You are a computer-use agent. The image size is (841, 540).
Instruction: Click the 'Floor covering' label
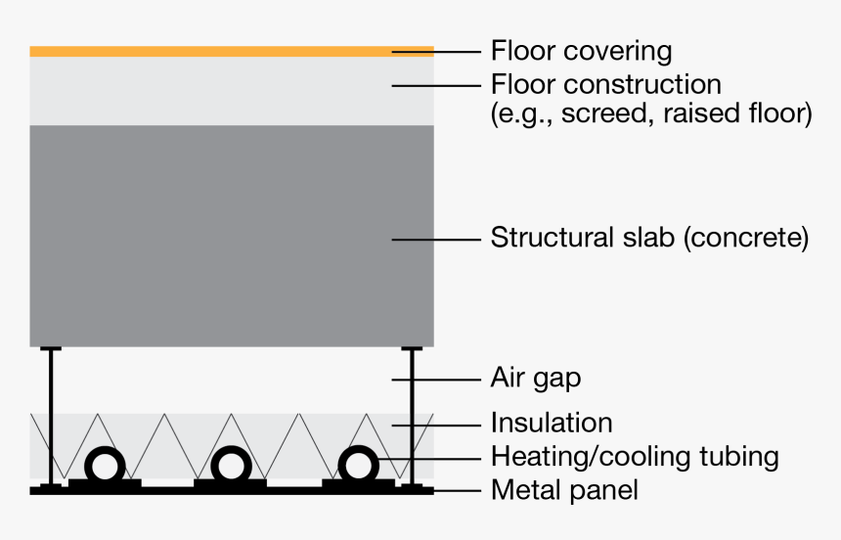pos(581,51)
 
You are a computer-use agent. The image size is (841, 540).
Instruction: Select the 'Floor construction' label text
pos(605,84)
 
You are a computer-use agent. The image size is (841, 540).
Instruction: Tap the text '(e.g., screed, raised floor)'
pos(650,114)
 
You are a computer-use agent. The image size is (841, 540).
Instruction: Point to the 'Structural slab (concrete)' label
pos(649,238)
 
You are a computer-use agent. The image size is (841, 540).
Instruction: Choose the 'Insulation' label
pos(552,423)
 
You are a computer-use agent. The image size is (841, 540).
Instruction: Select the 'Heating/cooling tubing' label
pos(635,456)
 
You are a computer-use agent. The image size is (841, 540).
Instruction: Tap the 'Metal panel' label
pos(564,489)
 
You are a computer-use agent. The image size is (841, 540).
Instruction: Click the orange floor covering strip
pos(231,51)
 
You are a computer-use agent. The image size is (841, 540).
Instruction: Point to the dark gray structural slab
pos(231,235)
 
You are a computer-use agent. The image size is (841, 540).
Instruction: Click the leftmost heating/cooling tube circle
pos(105,464)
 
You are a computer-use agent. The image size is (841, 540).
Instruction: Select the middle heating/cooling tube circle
pos(231,464)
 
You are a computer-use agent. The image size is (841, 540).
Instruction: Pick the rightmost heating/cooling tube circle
pos(358,464)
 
